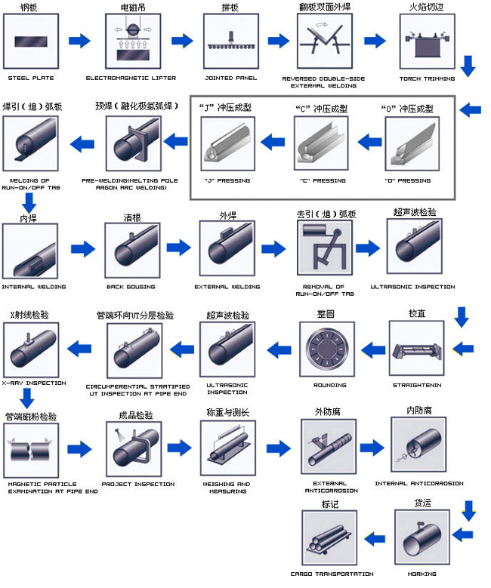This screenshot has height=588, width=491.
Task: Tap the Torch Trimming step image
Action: point(427,41)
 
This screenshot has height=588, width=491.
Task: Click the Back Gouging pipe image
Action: point(130,249)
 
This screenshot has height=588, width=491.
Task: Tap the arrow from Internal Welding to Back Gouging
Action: point(82,248)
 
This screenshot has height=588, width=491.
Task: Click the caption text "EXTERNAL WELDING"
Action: point(227,287)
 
